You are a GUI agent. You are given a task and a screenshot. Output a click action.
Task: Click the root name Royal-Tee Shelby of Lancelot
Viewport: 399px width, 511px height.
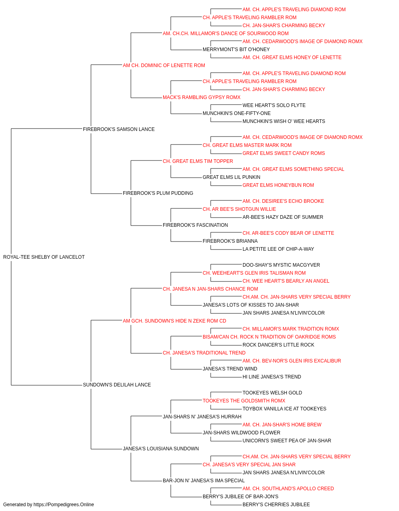click(44, 257)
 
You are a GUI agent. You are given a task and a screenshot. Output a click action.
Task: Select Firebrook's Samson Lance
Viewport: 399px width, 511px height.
click(119, 129)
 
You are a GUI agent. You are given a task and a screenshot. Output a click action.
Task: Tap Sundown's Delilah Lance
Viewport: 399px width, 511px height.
click(117, 385)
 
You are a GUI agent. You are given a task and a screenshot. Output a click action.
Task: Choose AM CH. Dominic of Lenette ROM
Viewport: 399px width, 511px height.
click(164, 65)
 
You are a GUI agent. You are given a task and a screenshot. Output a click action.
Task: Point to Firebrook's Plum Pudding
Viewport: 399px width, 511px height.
click(158, 193)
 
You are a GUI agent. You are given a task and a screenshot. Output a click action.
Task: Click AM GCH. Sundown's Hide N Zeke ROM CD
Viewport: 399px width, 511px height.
click(174, 321)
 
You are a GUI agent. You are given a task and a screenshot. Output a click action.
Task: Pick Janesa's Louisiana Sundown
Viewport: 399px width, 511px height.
click(161, 449)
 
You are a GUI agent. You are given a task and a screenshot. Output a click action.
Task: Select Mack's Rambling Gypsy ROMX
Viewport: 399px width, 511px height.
click(201, 97)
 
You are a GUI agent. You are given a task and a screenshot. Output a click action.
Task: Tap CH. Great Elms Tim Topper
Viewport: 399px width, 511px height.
click(198, 161)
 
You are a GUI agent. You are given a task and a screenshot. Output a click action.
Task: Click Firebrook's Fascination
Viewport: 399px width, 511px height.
click(195, 225)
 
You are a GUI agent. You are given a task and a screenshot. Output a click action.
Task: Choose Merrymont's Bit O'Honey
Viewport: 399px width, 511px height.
click(236, 50)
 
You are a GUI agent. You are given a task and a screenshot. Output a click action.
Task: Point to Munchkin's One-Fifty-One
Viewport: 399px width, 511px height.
click(237, 113)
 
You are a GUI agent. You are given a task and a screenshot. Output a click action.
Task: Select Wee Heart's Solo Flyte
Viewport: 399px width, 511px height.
click(274, 105)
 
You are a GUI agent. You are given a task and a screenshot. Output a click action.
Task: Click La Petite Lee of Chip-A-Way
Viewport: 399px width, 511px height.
click(278, 249)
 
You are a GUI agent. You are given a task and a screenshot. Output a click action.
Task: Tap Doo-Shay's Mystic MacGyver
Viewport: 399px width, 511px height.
click(281, 265)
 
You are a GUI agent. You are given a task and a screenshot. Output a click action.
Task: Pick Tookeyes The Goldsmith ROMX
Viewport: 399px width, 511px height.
click(244, 401)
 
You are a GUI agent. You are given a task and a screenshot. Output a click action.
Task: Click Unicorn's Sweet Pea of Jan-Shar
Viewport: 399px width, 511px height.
click(286, 441)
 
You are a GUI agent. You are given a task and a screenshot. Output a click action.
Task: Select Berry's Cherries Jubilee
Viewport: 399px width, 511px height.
click(276, 505)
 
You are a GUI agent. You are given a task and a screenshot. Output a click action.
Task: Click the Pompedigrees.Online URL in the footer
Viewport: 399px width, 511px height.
click(64, 505)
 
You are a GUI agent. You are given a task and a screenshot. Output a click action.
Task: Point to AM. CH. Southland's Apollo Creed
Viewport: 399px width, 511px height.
click(288, 488)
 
